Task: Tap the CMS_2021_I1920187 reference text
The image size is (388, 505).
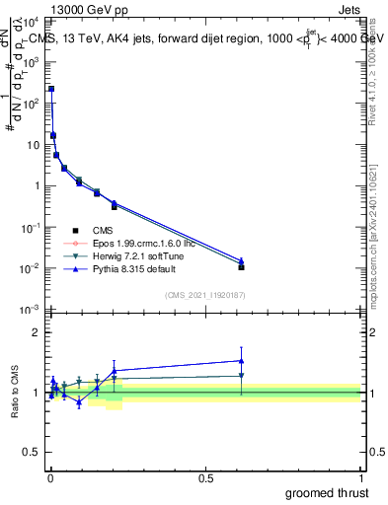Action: coord(204,295)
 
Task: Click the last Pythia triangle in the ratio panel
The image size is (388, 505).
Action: coord(242,361)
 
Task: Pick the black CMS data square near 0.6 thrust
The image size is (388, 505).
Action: coord(242,267)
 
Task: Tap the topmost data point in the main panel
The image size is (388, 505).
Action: coord(51,89)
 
